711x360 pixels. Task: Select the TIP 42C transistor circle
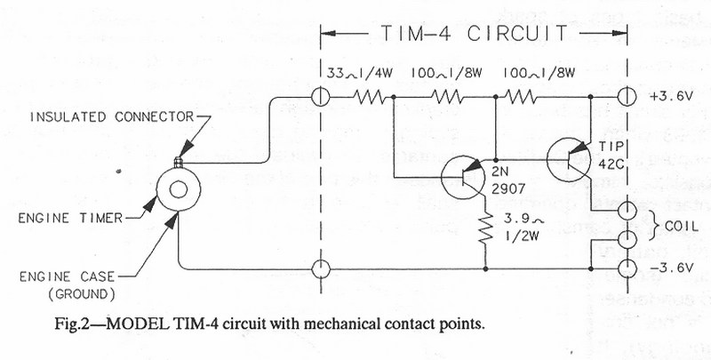pos(569,156)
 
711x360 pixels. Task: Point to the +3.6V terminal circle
pos(627,95)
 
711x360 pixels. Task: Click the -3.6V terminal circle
pos(627,267)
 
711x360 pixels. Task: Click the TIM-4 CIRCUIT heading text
pos(472,34)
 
